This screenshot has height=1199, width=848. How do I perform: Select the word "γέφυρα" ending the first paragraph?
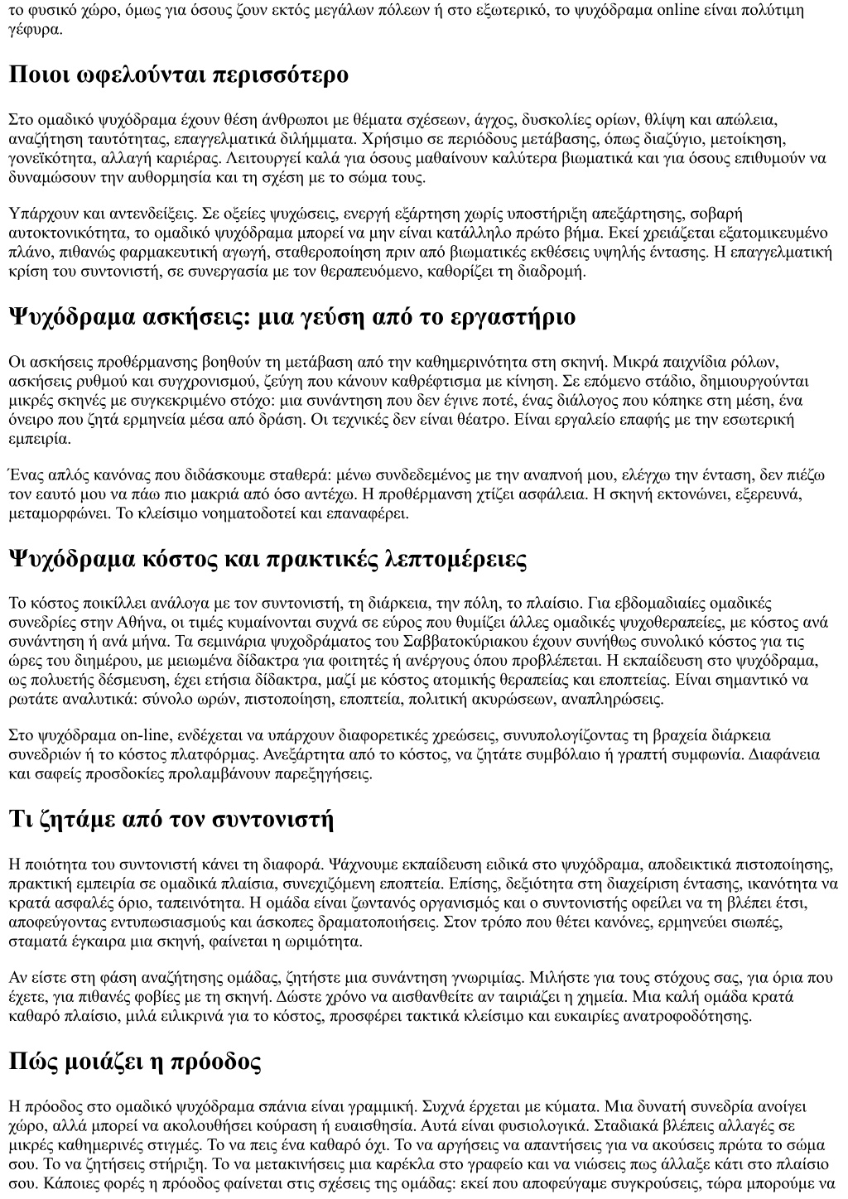point(34,31)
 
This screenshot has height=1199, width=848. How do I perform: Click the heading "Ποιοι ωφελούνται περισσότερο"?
point(178,75)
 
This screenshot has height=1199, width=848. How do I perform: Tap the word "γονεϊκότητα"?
point(46,157)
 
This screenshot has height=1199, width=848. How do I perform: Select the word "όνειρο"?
point(29,421)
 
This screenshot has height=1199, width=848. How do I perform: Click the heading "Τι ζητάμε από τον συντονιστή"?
point(171,820)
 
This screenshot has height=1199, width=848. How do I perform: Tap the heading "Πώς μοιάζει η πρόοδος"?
point(135,1062)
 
